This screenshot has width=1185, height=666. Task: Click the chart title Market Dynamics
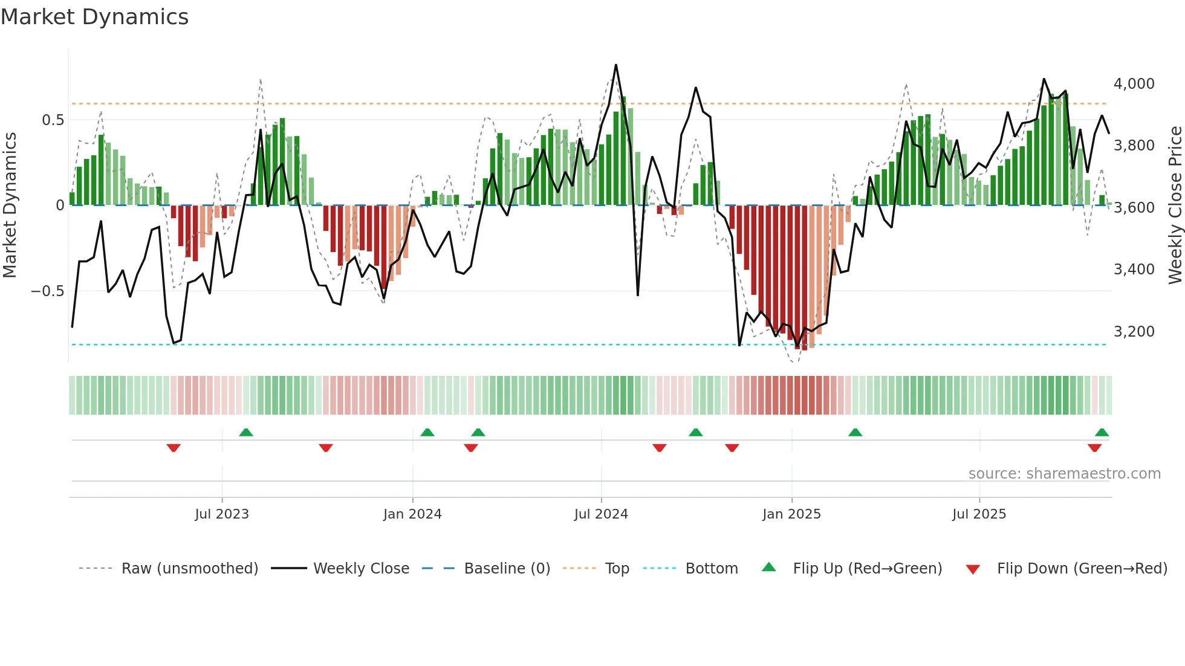pyautogui.click(x=95, y=17)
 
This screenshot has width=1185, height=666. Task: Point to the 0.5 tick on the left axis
pyautogui.click(x=53, y=120)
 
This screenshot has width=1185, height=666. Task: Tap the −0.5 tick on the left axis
pyautogui.click(x=48, y=291)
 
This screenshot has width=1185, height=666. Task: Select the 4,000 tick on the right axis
pyautogui.click(x=1134, y=84)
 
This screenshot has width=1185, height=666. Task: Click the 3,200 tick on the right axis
pyautogui.click(x=1134, y=332)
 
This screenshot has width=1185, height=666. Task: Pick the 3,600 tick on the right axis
pyautogui.click(x=1134, y=208)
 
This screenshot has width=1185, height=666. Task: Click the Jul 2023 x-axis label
pyautogui.click(x=222, y=514)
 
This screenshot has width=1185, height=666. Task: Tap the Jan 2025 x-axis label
pyautogui.click(x=791, y=514)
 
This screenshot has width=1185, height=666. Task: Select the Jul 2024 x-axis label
pyautogui.click(x=601, y=514)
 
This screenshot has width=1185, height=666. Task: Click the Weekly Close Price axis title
pyautogui.click(x=1175, y=205)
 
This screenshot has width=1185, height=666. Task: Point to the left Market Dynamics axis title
pyautogui.click(x=10, y=205)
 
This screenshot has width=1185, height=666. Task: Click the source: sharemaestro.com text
pyautogui.click(x=1064, y=474)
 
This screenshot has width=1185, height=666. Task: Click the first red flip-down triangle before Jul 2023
pyautogui.click(x=174, y=448)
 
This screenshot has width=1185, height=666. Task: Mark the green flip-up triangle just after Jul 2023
pyautogui.click(x=245, y=432)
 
